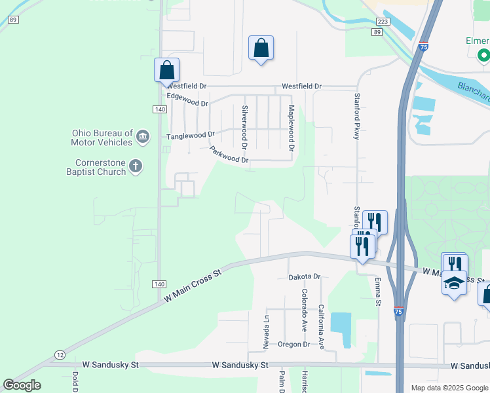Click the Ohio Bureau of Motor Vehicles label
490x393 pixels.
(x=102, y=137)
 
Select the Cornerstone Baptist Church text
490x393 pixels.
(x=100, y=167)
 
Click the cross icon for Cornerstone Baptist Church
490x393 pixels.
(x=136, y=166)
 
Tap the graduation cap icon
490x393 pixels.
(x=454, y=283)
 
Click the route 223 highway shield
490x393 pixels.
(x=383, y=22)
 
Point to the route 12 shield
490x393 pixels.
(x=60, y=354)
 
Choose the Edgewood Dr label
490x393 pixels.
(x=187, y=100)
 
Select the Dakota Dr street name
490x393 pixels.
(x=305, y=277)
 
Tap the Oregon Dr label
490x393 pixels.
(x=293, y=344)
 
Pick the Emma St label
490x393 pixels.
(x=378, y=291)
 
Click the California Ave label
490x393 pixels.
(x=321, y=326)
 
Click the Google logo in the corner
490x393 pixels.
(x=22, y=385)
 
